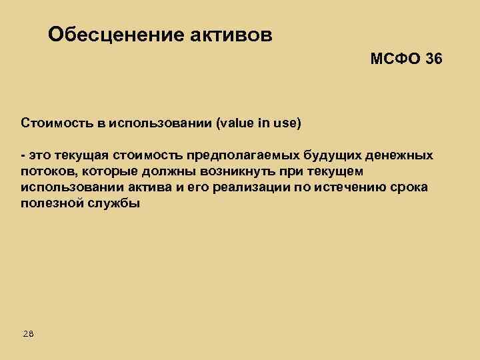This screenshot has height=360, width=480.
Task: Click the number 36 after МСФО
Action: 433,60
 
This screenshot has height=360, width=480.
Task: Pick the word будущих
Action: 330,156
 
